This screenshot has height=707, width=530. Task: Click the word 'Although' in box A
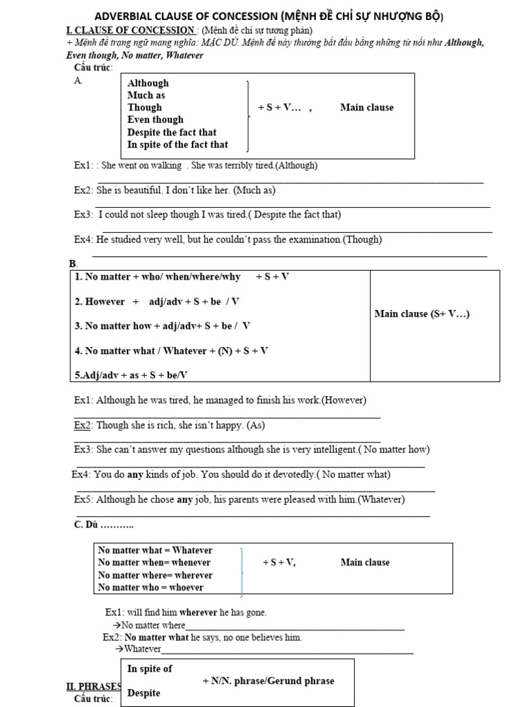coord(148,83)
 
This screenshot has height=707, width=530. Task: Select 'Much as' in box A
coord(146,95)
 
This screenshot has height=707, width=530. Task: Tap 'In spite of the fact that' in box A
coord(177,144)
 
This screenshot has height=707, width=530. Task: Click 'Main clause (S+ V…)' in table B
coord(422,314)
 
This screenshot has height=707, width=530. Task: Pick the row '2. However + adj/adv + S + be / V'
coord(157,302)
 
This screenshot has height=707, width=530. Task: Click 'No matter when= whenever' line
coord(155,563)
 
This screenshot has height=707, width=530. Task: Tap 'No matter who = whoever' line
coord(150,588)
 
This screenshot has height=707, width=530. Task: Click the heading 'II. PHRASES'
coord(94,686)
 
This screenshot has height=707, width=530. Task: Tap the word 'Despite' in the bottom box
coord(144,693)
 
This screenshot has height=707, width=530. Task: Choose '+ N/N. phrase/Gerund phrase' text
coord(268,681)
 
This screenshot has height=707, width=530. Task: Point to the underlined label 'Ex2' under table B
coord(83,425)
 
